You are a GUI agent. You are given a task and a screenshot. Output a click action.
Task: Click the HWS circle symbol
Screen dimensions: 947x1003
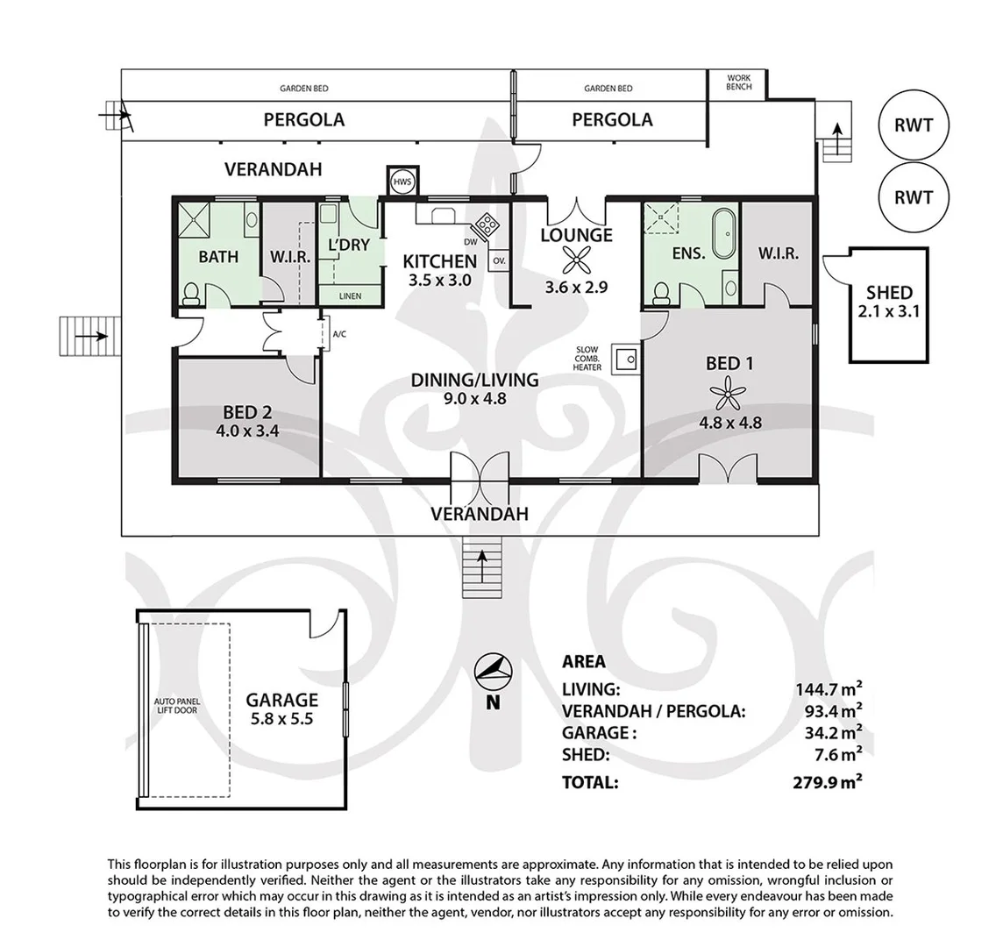click(x=402, y=182)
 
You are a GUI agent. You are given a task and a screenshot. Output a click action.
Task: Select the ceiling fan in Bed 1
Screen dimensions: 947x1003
click(x=729, y=393)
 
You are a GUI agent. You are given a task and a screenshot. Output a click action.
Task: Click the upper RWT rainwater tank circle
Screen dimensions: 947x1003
click(x=913, y=125)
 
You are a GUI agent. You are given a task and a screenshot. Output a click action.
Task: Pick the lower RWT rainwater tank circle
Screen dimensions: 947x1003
click(x=913, y=198)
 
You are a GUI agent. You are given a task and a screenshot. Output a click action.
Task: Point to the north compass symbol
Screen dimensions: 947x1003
click(x=492, y=672)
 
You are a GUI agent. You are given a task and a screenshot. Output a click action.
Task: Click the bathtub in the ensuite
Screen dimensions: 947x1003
click(x=724, y=225)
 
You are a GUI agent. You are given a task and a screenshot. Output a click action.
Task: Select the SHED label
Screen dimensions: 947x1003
click(x=889, y=293)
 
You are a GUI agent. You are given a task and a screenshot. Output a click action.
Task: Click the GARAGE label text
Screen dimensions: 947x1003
click(x=281, y=700)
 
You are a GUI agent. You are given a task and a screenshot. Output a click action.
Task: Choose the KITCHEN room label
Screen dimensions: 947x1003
click(x=439, y=261)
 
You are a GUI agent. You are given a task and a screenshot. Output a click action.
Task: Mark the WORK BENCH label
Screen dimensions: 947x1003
click(x=739, y=82)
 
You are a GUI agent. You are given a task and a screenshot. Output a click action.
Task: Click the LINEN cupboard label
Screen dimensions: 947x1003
click(x=350, y=296)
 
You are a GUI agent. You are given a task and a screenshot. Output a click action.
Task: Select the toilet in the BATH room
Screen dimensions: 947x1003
click(x=191, y=294)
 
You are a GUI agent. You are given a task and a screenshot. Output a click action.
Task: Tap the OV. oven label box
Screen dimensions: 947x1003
click(x=499, y=261)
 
